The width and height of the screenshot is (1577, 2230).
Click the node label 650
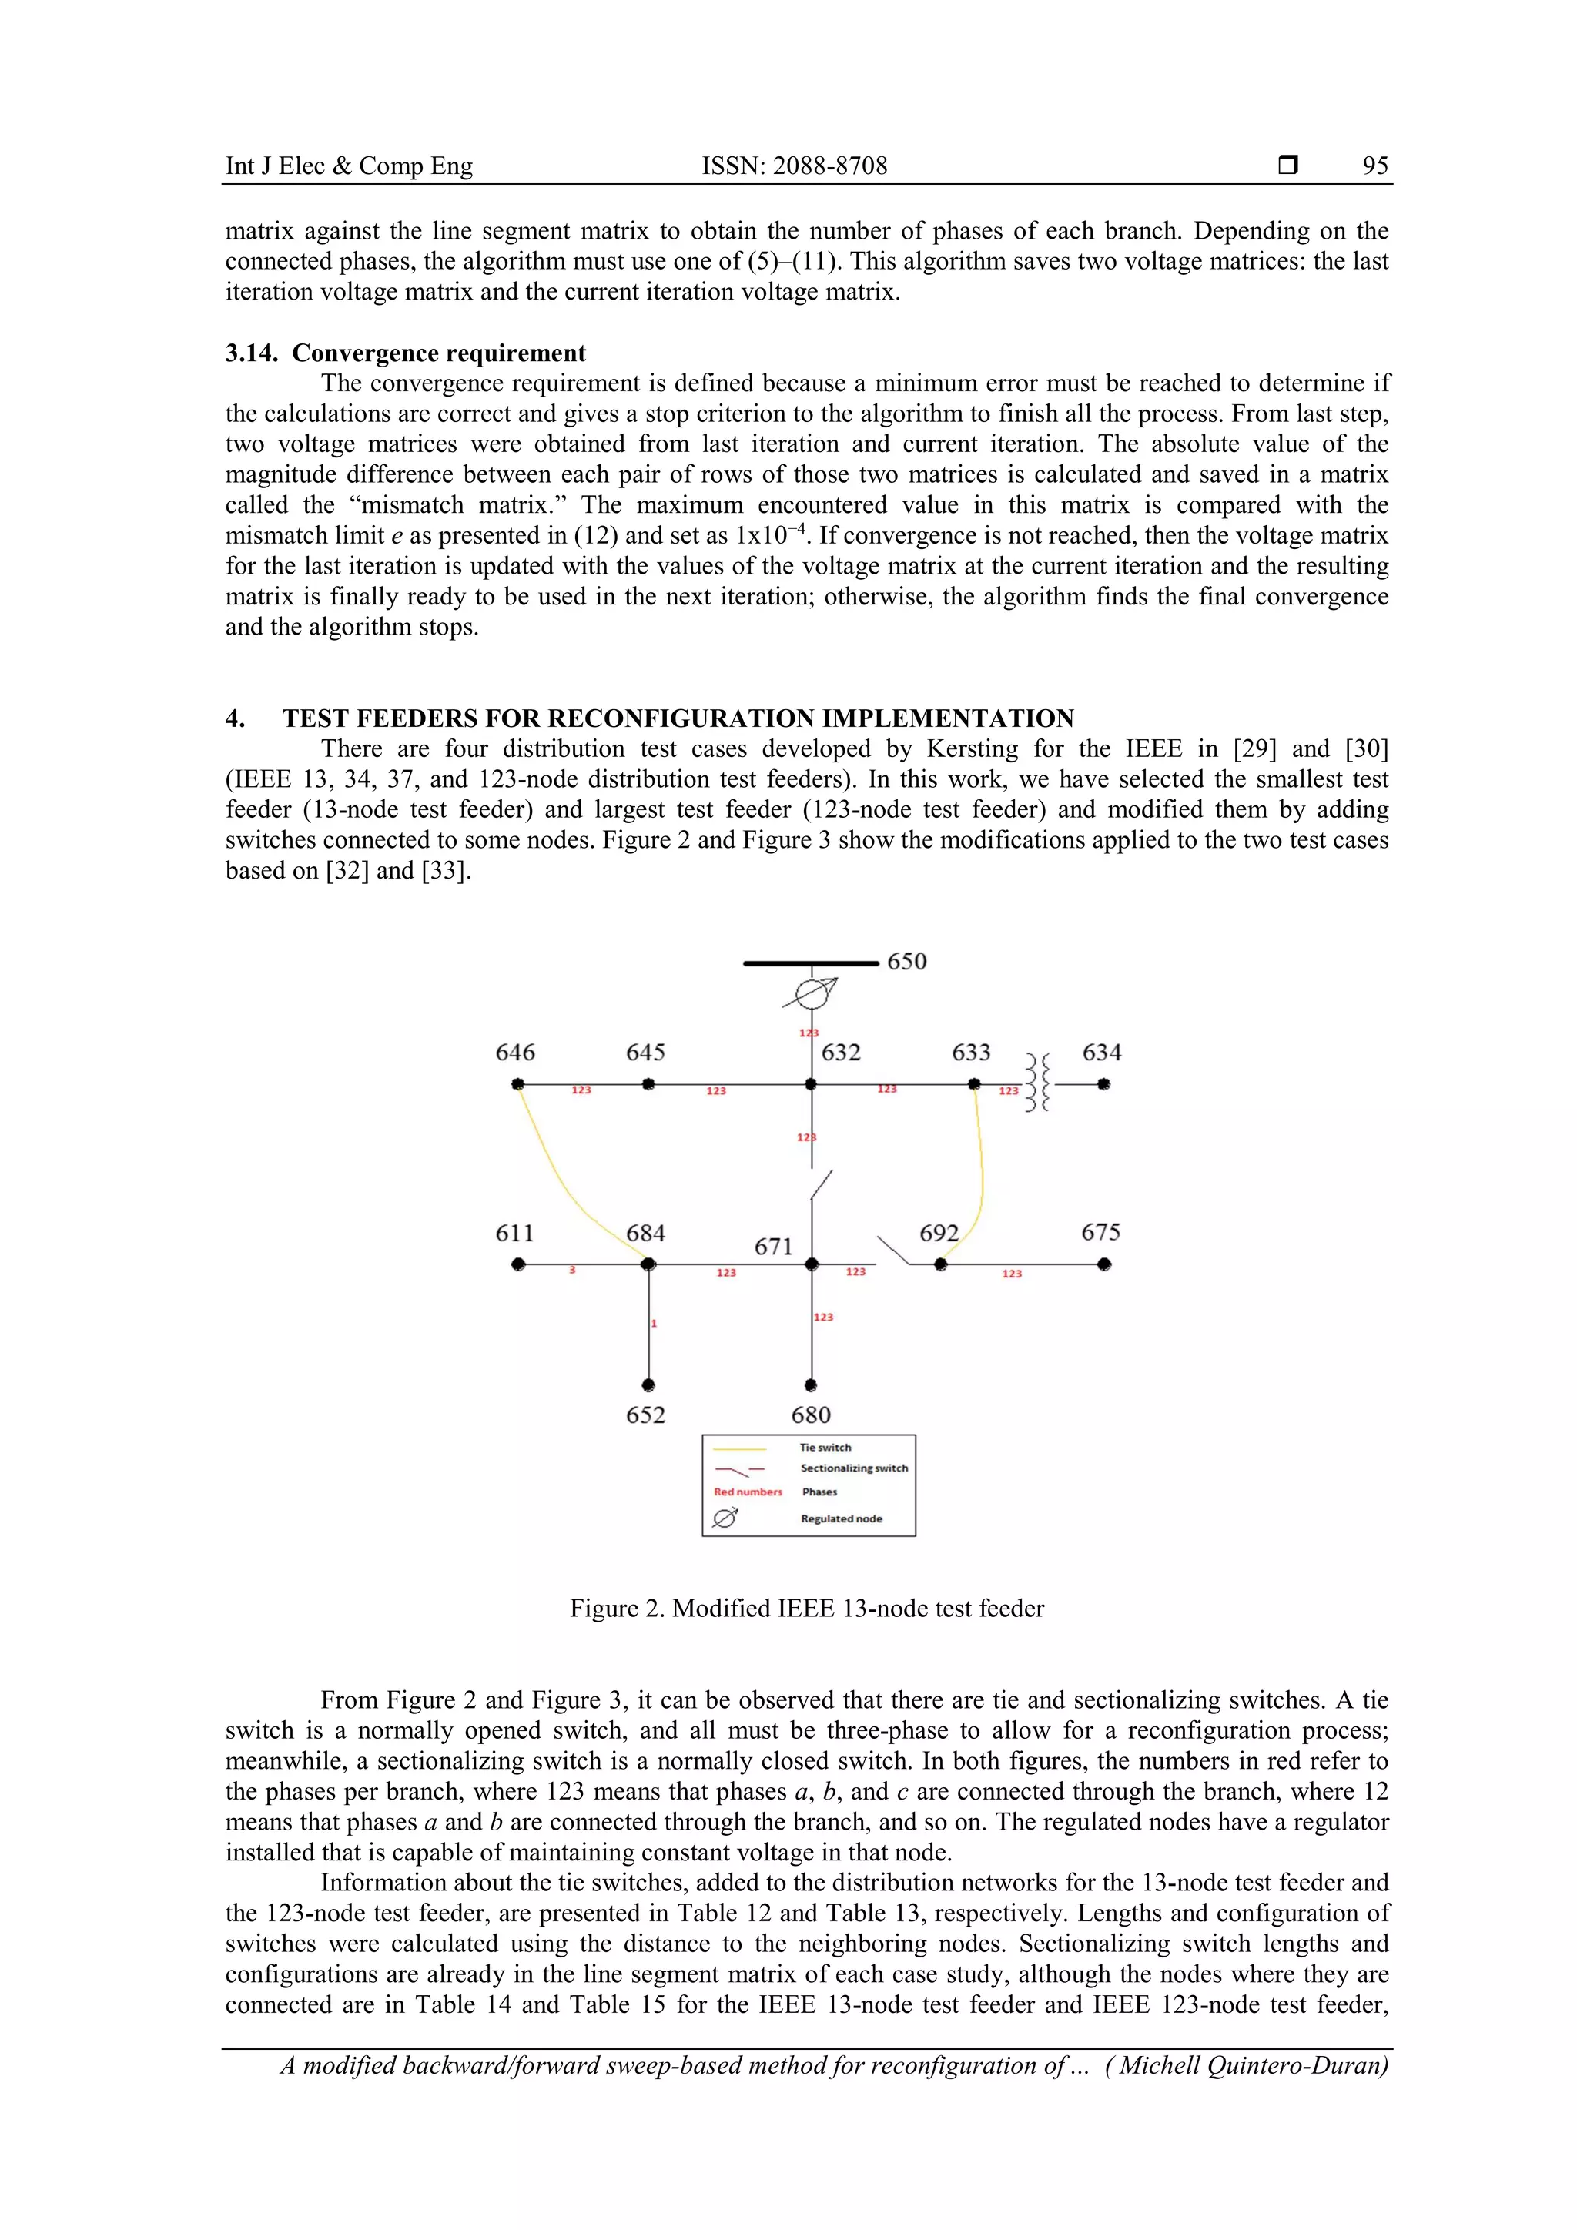tap(906, 962)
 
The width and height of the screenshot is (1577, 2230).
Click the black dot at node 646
tap(518, 1084)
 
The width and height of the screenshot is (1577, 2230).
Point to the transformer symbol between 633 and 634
tap(1038, 1084)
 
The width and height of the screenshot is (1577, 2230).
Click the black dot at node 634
tap(1104, 1084)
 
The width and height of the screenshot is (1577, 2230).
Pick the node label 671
tap(773, 1247)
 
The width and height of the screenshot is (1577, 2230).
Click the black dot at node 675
tap(1104, 1264)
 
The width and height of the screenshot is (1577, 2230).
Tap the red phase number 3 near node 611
tap(572, 1271)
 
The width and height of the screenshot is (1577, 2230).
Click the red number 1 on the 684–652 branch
tap(655, 1323)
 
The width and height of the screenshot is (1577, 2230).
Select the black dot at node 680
tap(811, 1385)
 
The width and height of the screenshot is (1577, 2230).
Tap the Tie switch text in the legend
tap(825, 1447)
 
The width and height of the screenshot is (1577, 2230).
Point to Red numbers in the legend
tap(747, 1492)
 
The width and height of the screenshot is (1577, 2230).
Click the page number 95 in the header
tap(1375, 166)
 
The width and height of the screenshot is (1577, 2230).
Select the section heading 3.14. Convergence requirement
tap(406, 353)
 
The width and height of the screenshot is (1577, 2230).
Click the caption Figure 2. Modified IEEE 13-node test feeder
tap(806, 1609)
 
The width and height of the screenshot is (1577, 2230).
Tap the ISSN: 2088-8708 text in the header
tap(795, 166)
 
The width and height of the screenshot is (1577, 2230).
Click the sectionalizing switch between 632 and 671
tap(821, 1185)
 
